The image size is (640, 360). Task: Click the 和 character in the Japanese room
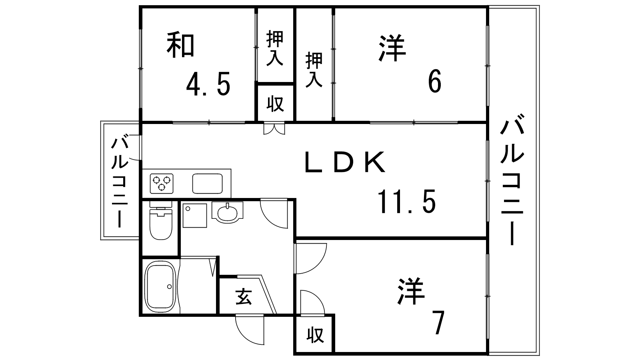coord(180,46)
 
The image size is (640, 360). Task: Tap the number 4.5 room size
coord(208,84)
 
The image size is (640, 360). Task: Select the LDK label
coord(345,162)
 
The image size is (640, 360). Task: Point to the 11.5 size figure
coord(407,202)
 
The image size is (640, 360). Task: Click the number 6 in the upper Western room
coord(434,81)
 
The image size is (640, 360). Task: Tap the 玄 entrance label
coord(244,297)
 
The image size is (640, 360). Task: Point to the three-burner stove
coord(162,184)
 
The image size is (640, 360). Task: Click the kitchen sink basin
coord(208,184)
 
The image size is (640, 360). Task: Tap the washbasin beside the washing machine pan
coord(228,212)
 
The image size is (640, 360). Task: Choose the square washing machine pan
coord(194,216)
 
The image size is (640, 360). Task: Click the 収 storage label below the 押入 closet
coord(275,104)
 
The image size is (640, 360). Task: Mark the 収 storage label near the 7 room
coord(315,336)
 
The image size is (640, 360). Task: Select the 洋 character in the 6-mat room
coord(392,48)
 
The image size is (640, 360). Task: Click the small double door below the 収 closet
coord(274,128)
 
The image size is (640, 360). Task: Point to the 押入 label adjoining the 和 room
coord(275,48)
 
